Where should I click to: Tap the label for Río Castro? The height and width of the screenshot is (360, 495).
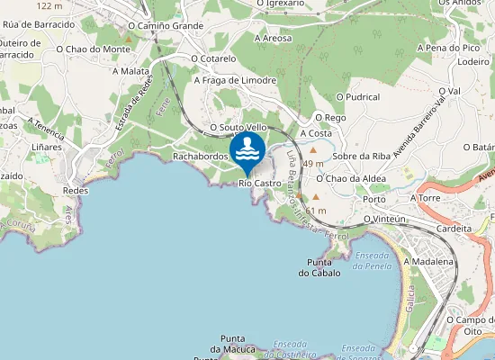coord(260,184)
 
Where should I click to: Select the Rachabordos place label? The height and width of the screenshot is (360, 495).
coord(199,156)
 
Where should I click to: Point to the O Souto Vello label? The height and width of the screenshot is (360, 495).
coord(238,128)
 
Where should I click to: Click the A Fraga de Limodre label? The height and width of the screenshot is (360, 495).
coord(235,79)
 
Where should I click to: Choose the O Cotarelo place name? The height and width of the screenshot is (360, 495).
coord(213,58)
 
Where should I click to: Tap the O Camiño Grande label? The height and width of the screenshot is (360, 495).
coord(172,26)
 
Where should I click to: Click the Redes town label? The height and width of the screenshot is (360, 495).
coord(76,191)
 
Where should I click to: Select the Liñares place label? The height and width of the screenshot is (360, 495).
coord(47,146)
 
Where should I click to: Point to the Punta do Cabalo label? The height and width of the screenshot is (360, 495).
coord(319,267)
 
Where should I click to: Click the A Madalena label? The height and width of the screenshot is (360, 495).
coord(427,261)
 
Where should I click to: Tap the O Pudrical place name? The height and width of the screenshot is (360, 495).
coord(357,96)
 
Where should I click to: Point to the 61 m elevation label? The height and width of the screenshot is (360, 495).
coord(316,211)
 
